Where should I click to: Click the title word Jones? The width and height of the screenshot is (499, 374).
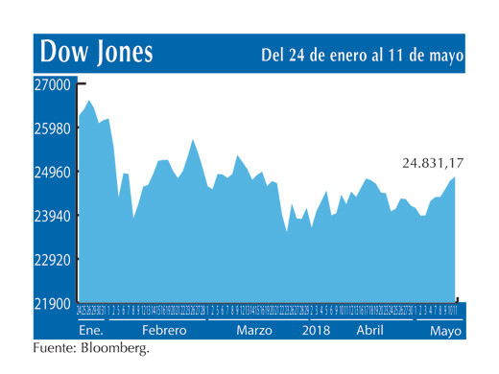pos(124,52)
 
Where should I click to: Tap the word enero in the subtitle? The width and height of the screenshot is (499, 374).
pos(345,56)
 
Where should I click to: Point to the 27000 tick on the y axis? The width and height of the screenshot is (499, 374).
pos(54,85)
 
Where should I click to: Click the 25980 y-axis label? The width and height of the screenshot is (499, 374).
pos(54,129)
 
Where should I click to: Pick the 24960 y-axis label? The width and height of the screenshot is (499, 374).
pos(54,173)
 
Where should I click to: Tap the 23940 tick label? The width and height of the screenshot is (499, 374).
pos(54,217)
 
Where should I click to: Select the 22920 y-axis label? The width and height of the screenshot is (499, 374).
pos(54,260)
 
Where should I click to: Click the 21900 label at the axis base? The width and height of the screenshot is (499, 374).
pos(54,303)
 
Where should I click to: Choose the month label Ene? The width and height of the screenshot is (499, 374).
pos(91,329)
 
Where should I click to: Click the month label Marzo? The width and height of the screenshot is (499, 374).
pos(254,329)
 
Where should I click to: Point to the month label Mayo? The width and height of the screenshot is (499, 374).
pos(444,329)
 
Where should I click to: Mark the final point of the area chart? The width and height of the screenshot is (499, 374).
pos(455,177)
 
